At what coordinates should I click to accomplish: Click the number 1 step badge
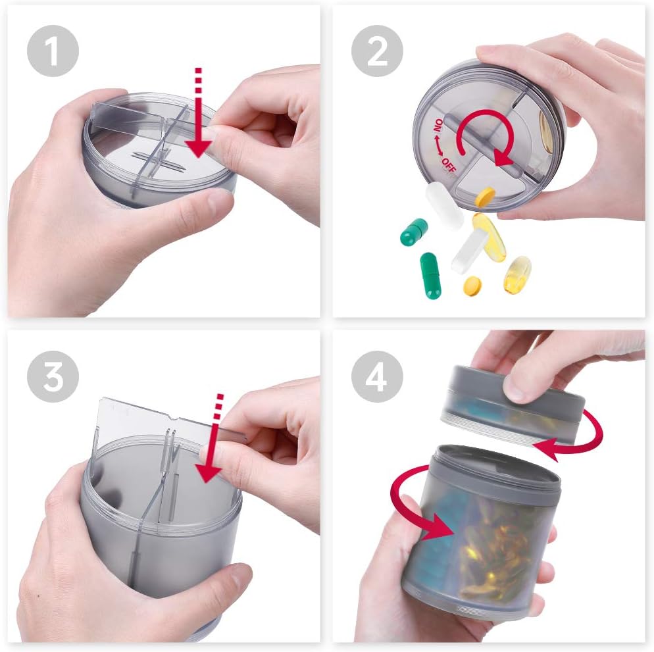(x=53, y=51)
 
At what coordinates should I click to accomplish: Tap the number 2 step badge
(x=377, y=51)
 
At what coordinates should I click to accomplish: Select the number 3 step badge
(x=53, y=376)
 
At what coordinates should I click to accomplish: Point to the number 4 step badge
(x=377, y=376)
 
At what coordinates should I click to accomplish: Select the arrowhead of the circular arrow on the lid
(x=503, y=158)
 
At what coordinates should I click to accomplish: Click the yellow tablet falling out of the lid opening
(x=486, y=195)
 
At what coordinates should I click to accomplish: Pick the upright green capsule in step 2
(x=431, y=274)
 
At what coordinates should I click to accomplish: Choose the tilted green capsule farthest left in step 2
(x=414, y=232)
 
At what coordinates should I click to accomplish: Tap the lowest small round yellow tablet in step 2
(x=472, y=285)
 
